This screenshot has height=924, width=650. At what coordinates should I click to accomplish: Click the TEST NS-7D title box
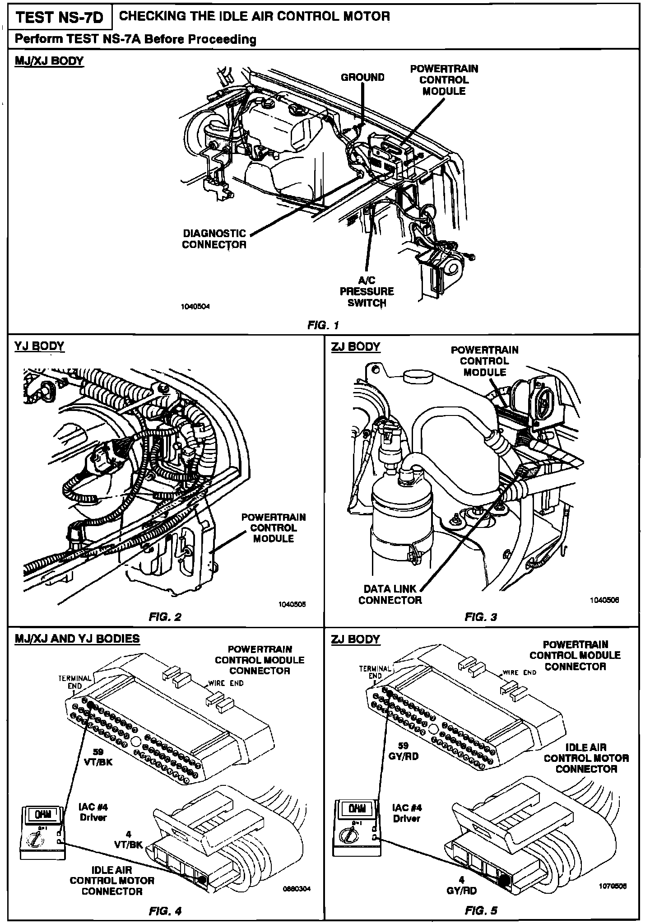[59, 18]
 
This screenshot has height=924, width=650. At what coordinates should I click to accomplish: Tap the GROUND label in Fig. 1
[362, 77]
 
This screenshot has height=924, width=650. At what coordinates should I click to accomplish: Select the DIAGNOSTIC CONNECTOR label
[214, 239]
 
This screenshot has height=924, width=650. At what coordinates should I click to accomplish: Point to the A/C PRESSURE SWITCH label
[367, 291]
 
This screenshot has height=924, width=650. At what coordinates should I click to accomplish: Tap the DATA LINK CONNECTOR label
[390, 594]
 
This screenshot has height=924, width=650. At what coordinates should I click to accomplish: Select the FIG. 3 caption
[480, 617]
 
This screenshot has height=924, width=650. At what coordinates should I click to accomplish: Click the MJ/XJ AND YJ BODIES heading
[77, 639]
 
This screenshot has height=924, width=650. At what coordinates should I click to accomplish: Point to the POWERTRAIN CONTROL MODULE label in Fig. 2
[273, 527]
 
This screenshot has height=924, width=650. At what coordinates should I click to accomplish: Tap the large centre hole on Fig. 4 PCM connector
[136, 741]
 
